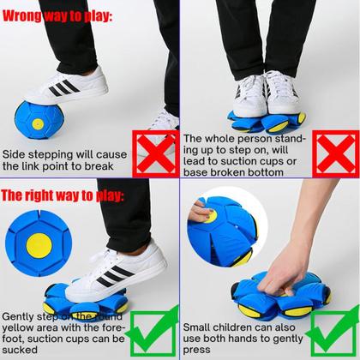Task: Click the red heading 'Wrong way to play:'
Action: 57,16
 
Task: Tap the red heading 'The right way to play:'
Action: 63,195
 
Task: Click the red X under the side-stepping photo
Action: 156,153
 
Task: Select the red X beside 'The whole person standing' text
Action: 336,153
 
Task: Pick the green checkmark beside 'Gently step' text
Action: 152,333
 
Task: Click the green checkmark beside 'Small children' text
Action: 332,333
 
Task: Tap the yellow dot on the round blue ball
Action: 38,124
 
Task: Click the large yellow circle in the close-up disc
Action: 39,246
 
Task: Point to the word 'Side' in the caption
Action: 13,154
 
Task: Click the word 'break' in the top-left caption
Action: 99,166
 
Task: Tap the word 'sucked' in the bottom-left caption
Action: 20,350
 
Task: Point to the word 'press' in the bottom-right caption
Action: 196,350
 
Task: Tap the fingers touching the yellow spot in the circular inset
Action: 201,212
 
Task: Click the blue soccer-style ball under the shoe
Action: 39,120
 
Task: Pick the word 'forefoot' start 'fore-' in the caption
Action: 114,327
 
